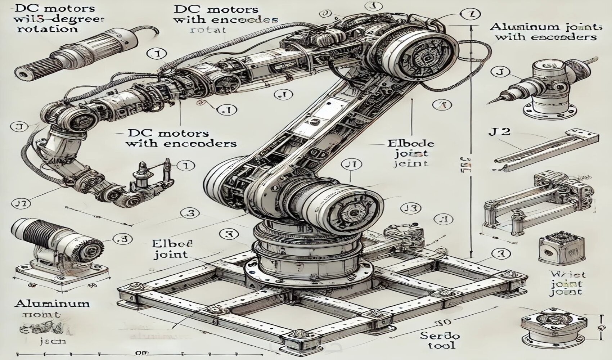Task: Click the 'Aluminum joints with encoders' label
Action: (x=545, y=32)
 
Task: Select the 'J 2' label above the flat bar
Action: (x=500, y=131)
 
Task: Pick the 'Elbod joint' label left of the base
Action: (x=172, y=249)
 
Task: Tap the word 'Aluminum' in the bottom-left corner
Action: (x=52, y=303)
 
